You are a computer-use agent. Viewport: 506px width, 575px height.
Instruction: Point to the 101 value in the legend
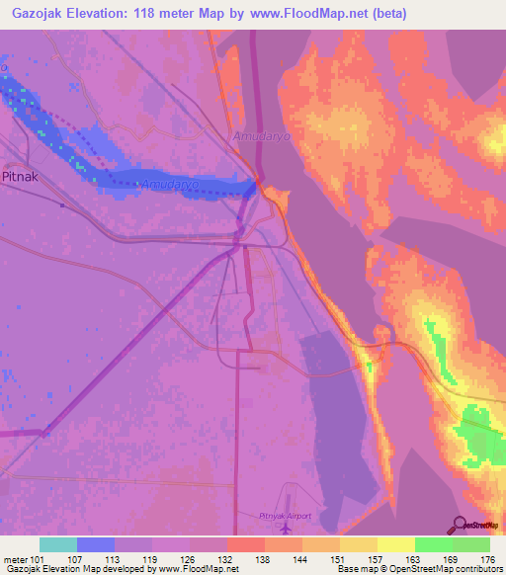pos(36,558)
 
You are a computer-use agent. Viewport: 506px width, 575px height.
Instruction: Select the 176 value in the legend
pos(489,558)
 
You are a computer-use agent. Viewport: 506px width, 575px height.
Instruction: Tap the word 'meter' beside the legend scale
pos(14,558)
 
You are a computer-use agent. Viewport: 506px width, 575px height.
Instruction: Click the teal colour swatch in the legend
pos(57,544)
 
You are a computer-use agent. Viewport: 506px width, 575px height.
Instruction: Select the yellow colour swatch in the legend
pos(395,544)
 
